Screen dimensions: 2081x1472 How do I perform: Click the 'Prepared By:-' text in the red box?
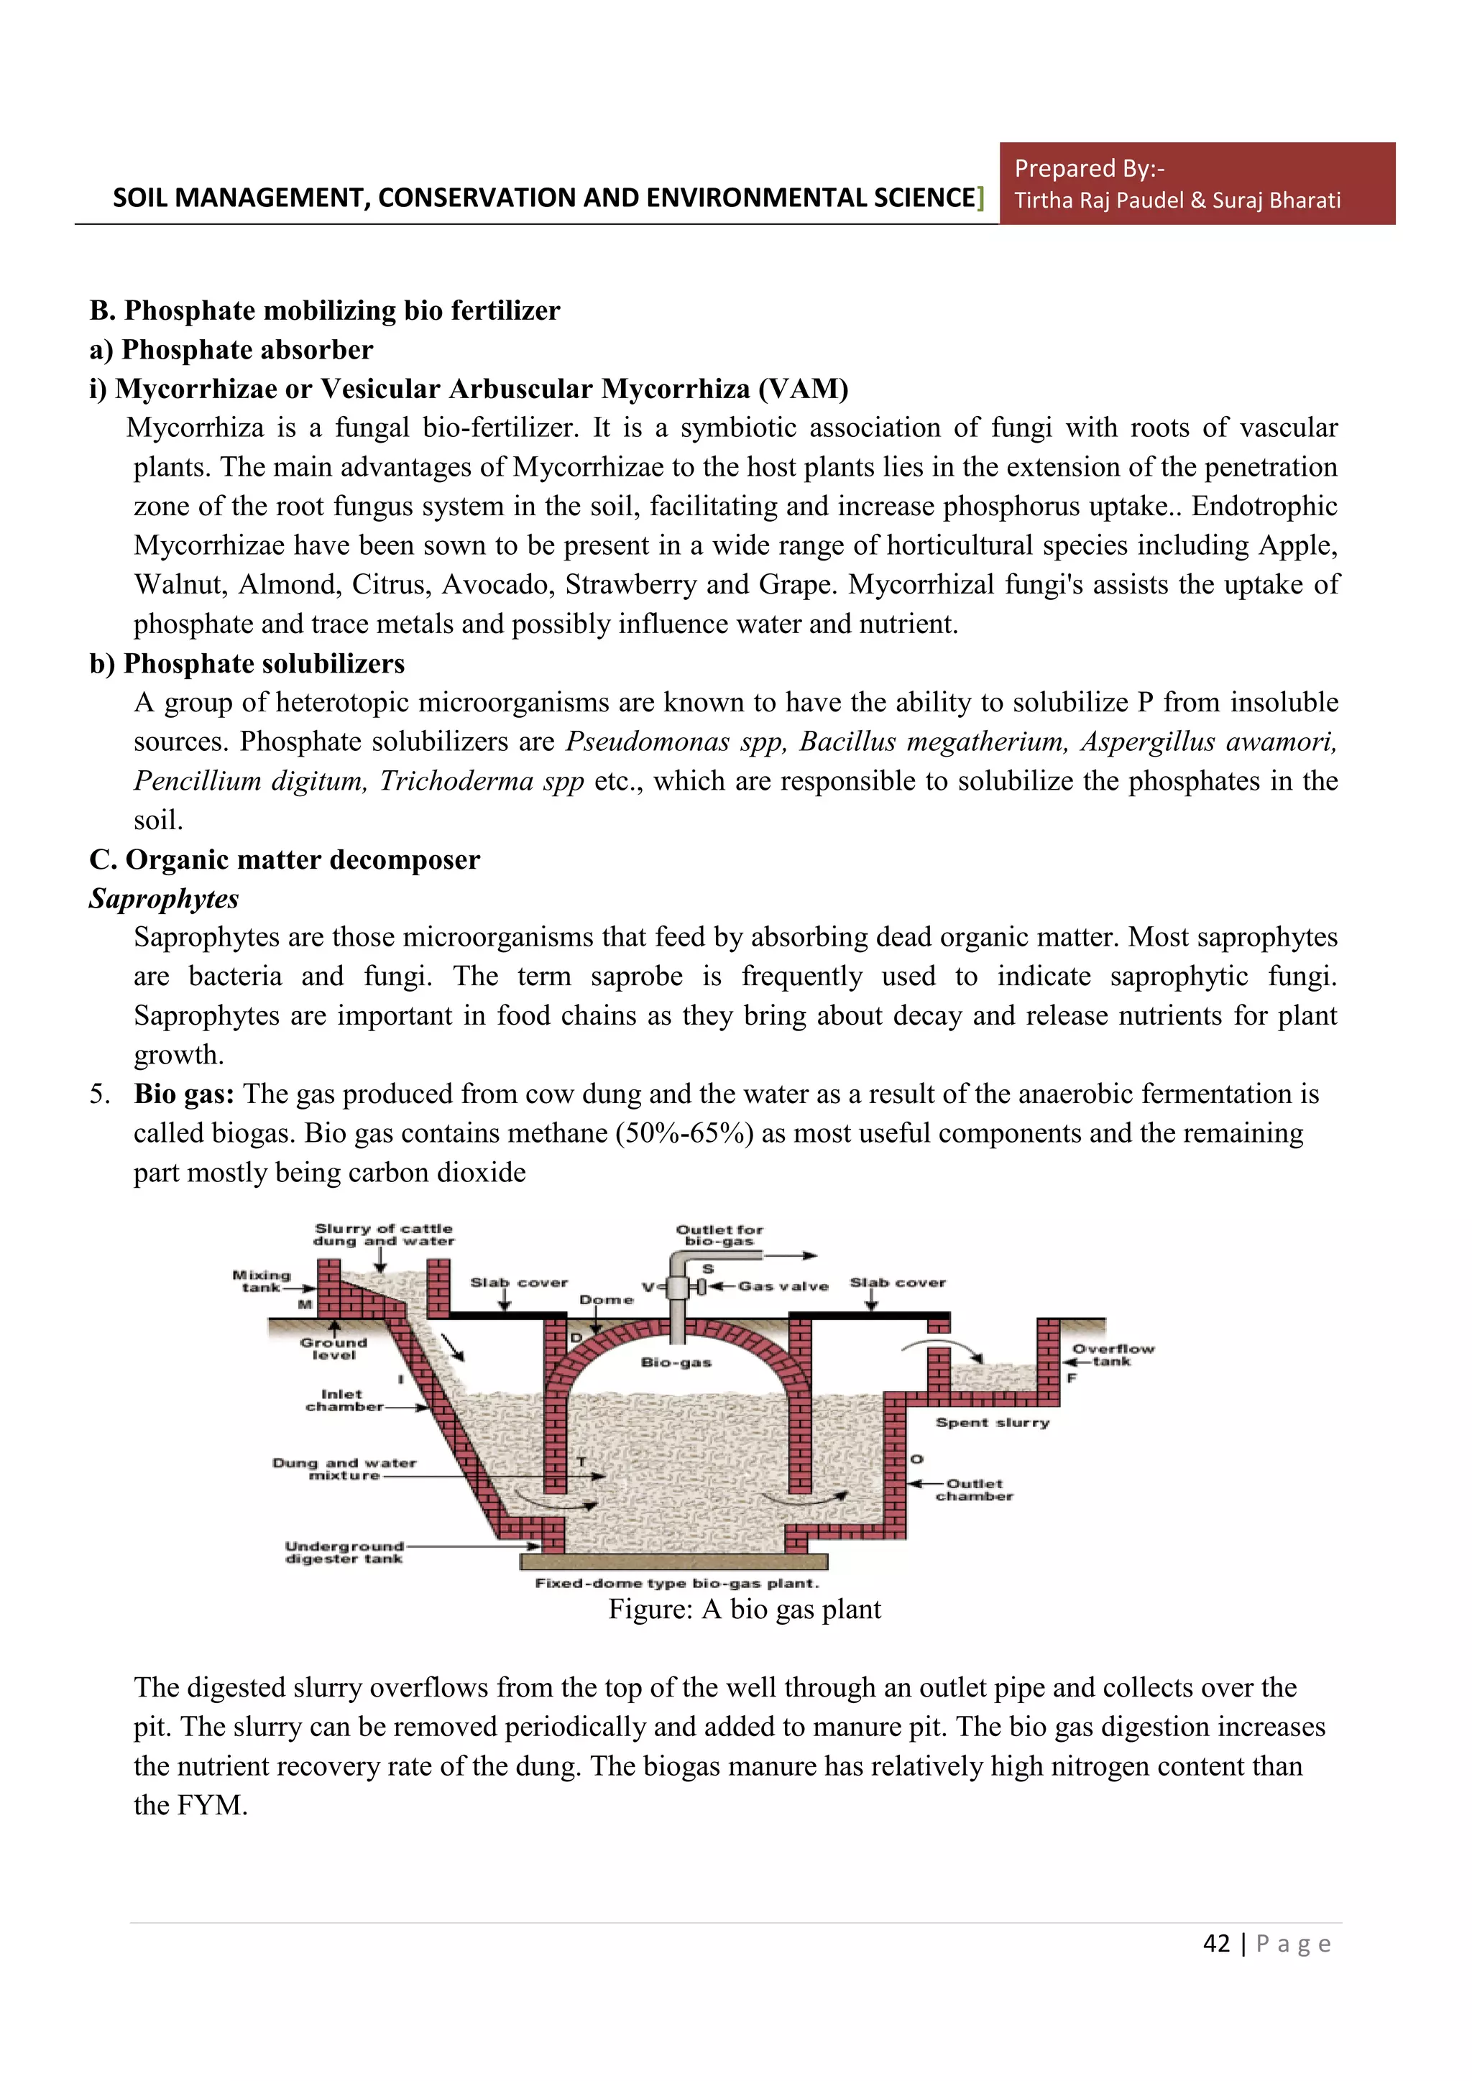tap(1089, 169)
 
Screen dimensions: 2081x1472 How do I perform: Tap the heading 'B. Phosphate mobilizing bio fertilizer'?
tap(324, 311)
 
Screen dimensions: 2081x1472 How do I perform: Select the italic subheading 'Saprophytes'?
tap(164, 898)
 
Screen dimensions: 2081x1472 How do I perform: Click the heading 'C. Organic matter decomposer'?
tap(285, 859)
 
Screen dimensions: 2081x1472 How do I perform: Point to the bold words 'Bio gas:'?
tap(184, 1094)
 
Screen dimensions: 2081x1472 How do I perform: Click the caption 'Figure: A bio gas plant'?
tap(744, 1609)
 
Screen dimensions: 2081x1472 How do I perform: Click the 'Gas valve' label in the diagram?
tap(783, 1286)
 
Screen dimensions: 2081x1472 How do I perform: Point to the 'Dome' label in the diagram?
tap(607, 1300)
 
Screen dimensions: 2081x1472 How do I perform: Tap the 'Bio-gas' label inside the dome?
tap(676, 1362)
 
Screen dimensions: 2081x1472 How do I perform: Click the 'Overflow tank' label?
tap(1113, 1355)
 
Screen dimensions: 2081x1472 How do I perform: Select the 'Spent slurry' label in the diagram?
tap(993, 1423)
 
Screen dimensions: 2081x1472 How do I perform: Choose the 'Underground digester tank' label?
tap(344, 1553)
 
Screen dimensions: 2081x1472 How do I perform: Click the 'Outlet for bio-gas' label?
tap(719, 1235)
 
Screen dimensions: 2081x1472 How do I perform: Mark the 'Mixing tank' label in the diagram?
tap(261, 1281)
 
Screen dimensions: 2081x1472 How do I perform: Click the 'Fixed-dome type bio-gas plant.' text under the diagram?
tap(676, 1584)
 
